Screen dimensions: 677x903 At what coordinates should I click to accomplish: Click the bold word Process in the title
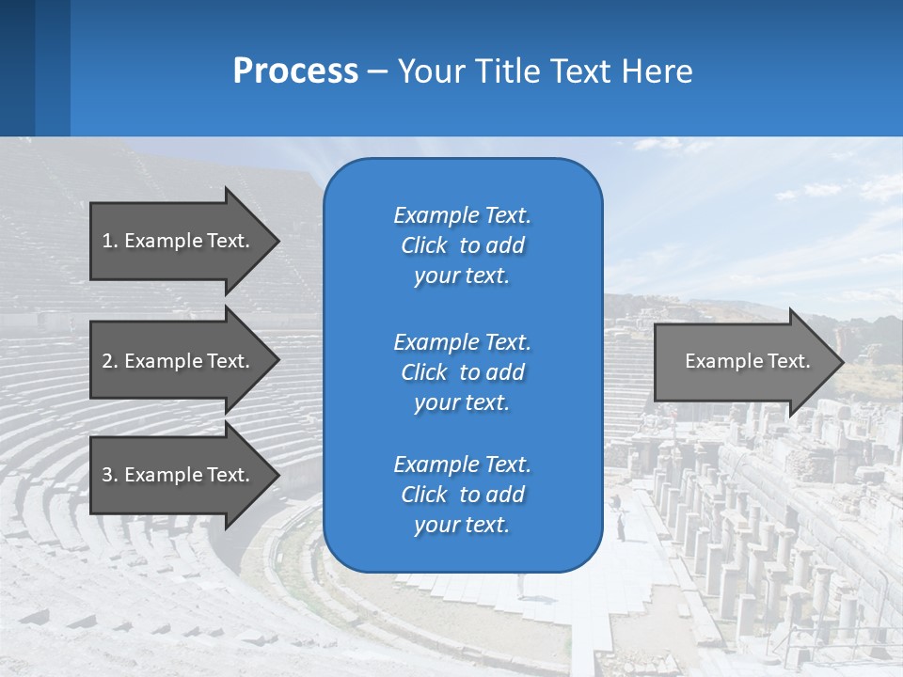click(295, 71)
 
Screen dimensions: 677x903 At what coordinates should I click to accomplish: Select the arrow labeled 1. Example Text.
click(179, 241)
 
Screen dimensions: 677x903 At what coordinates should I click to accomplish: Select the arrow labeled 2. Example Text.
click(179, 361)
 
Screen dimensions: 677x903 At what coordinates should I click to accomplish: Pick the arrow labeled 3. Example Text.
click(179, 475)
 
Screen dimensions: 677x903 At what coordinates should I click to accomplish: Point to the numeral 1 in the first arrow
click(107, 241)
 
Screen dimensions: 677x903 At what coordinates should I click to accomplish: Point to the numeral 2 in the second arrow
click(107, 361)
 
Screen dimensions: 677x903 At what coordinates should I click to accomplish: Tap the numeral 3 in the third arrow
click(107, 475)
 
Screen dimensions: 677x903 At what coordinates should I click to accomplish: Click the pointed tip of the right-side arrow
click(839, 362)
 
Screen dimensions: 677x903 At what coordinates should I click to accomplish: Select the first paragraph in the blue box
click(462, 245)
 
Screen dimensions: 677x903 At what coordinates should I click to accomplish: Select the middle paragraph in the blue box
click(462, 371)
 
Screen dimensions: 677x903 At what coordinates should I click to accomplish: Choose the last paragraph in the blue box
click(462, 495)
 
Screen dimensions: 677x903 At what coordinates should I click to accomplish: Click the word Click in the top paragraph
click(424, 245)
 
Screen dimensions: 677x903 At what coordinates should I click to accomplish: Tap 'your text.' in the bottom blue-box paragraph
click(462, 525)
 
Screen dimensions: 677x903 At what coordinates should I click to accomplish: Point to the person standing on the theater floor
click(620, 529)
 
